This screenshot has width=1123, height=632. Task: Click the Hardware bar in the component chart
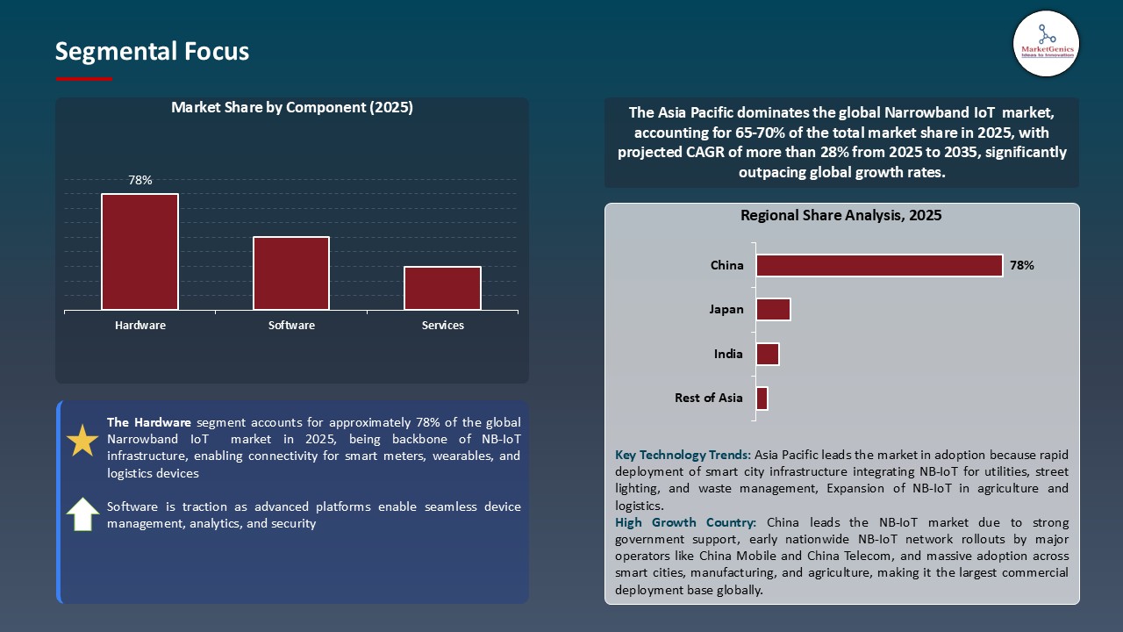[x=139, y=252]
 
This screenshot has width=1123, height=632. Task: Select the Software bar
[x=291, y=273]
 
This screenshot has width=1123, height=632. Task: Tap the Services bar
[x=442, y=288]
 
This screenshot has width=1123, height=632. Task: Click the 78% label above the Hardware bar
[x=140, y=180]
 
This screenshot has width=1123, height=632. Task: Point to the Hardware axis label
[x=140, y=326]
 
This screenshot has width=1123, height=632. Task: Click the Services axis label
[x=443, y=326]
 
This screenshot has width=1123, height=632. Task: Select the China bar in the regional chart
[x=879, y=265]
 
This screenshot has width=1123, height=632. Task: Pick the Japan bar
[x=773, y=309]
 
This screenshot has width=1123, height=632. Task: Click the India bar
[x=768, y=354]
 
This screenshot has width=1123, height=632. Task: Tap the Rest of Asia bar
[x=762, y=398]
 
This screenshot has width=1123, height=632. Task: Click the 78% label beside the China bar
[x=1022, y=265]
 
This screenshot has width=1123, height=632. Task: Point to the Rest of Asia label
[x=709, y=398]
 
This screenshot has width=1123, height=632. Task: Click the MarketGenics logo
[x=1046, y=44]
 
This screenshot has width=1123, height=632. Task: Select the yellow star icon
[x=82, y=441]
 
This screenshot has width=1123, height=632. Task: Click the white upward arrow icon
[x=82, y=514]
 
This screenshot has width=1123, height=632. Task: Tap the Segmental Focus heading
[x=152, y=52]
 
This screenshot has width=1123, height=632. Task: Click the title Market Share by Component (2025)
[x=292, y=108]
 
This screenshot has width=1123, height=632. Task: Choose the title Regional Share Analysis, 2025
[x=841, y=215]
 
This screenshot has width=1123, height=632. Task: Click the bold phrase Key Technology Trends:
[x=683, y=455]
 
